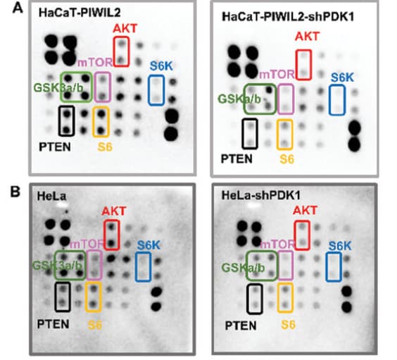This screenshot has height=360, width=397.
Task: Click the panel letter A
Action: click(x=18, y=8)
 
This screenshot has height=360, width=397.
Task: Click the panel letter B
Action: click(x=15, y=192)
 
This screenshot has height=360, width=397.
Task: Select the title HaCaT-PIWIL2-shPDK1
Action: click(x=288, y=17)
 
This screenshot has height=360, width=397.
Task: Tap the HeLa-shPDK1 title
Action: click(x=261, y=195)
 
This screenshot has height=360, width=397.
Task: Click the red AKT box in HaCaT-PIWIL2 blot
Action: click(x=114, y=51)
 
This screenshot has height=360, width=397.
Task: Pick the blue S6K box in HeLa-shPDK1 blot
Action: click(x=327, y=267)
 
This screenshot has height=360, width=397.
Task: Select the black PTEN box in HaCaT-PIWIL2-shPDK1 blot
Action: click(x=243, y=134)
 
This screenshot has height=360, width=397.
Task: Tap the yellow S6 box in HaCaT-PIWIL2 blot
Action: click(x=94, y=122)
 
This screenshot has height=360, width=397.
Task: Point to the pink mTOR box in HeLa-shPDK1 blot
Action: click(x=279, y=266)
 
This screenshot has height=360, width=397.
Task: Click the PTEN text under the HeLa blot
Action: click(x=53, y=324)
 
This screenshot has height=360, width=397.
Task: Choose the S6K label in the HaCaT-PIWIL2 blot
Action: click(x=161, y=66)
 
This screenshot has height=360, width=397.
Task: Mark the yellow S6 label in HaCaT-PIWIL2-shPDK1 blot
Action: click(x=287, y=159)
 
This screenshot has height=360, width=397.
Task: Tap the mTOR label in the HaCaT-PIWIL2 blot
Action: click(x=95, y=62)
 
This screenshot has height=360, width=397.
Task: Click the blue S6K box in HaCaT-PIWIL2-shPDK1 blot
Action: click(x=329, y=100)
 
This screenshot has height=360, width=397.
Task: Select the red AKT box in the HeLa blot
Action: click(x=105, y=235)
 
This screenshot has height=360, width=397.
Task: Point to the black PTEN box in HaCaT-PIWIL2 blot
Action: click(x=59, y=121)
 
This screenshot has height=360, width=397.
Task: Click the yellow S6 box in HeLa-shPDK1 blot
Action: click(x=279, y=298)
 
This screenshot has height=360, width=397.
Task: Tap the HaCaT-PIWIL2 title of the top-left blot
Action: click(x=80, y=13)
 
